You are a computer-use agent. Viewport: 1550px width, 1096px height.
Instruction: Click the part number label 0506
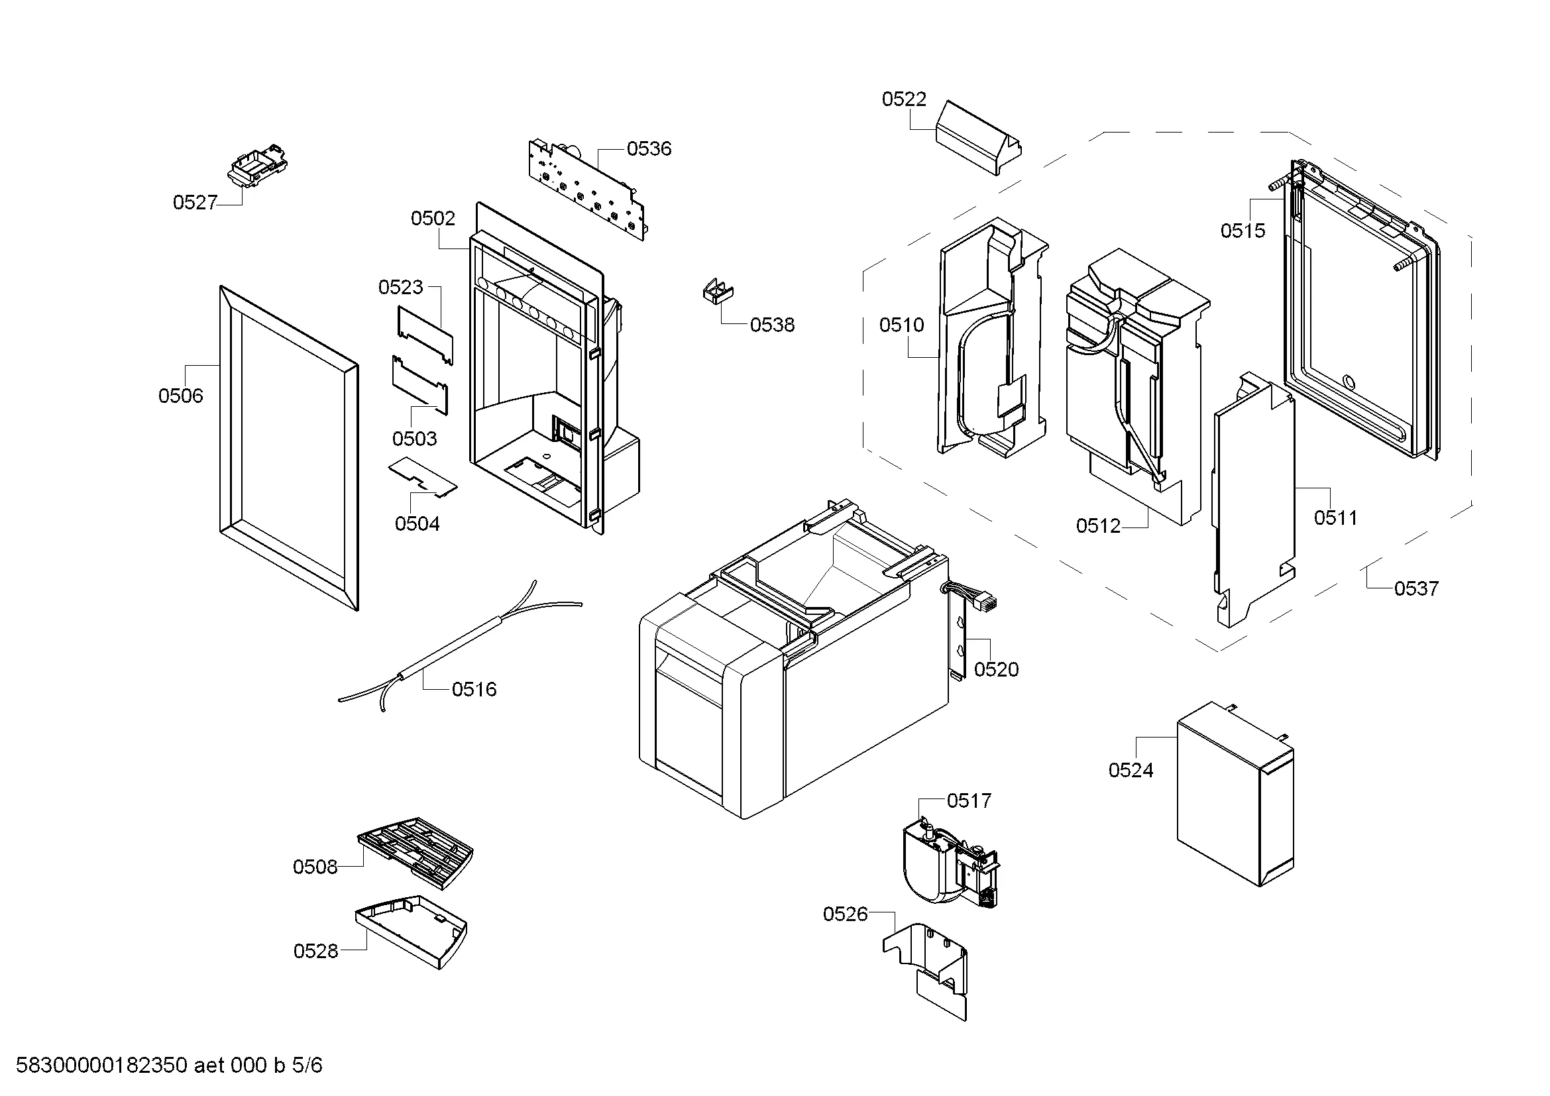coord(180,396)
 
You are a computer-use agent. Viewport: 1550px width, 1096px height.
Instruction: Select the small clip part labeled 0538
coord(718,292)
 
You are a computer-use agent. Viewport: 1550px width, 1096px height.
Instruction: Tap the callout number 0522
coord(904,99)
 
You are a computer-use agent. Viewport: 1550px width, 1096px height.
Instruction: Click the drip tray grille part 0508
coord(416,852)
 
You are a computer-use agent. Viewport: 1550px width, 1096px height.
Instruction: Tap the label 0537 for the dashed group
coord(1416,588)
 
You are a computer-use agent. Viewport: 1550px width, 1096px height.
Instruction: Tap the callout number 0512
coord(1098,525)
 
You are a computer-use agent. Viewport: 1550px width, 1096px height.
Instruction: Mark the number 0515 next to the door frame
coord(1243,231)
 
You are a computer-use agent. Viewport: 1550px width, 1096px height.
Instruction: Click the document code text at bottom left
coord(169,1065)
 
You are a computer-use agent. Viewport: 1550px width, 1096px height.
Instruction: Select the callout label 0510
coord(901,325)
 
